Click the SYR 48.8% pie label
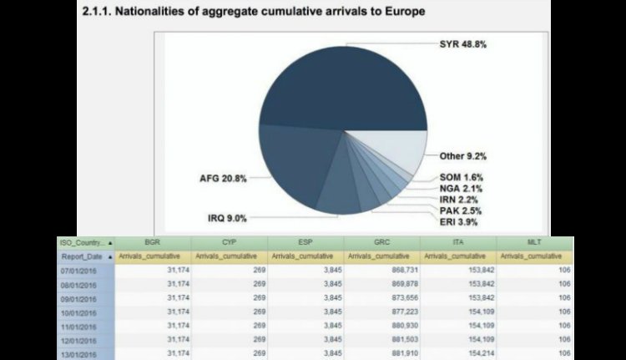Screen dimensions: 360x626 coord(462,44)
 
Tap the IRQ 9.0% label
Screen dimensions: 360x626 coord(226,218)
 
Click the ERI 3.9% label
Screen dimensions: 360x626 coord(461,222)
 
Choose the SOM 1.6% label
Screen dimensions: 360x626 coord(462,177)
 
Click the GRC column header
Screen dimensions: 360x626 coord(381,242)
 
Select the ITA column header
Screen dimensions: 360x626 coord(457,242)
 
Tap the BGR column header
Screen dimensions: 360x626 coord(153,242)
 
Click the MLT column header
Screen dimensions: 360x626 coord(534,242)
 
